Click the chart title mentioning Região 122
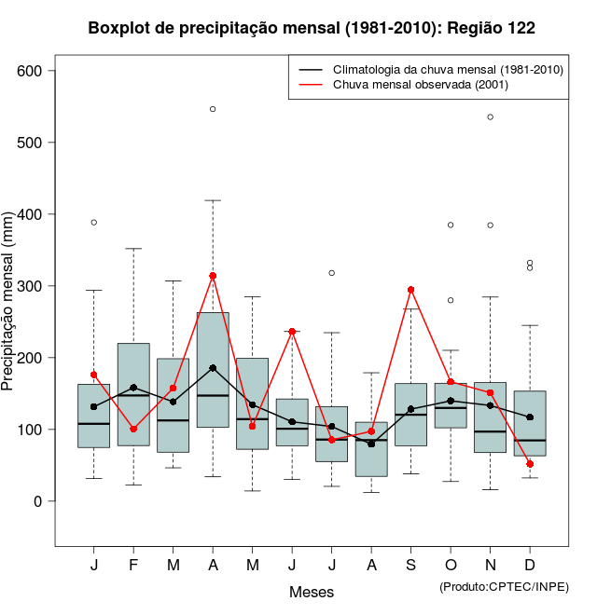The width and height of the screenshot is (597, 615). (x=312, y=28)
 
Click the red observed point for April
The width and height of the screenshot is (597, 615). (x=213, y=276)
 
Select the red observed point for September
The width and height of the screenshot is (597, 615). (x=411, y=290)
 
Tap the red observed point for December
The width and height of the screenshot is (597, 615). (x=530, y=464)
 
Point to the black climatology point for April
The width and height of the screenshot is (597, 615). (x=213, y=368)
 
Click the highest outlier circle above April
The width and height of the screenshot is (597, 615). (x=213, y=109)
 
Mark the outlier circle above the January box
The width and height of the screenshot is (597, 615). (x=94, y=223)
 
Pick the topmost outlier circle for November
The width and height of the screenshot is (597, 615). (x=491, y=116)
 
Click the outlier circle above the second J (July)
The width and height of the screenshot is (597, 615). (x=332, y=273)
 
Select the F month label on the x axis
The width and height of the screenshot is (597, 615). (x=133, y=566)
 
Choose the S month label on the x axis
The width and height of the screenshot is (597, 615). (x=411, y=566)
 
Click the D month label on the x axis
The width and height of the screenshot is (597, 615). (x=530, y=566)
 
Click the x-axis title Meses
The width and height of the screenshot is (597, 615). (x=312, y=592)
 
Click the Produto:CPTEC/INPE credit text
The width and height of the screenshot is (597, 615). (x=504, y=586)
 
